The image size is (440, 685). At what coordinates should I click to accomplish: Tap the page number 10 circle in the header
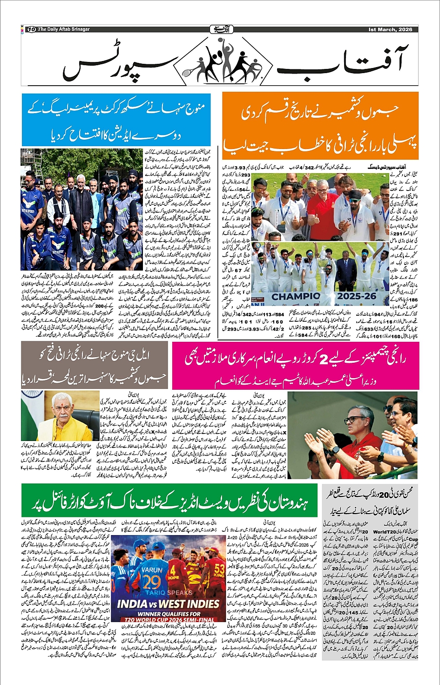click(x=32, y=29)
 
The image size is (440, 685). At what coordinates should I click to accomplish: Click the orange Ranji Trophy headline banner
click(x=320, y=126)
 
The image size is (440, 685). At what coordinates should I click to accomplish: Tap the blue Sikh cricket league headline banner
click(x=116, y=120)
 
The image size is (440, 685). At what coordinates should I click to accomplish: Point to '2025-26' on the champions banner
click(x=357, y=296)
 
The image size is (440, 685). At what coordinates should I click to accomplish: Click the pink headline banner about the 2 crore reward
click(x=295, y=366)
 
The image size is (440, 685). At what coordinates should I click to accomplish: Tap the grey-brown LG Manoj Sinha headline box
click(x=94, y=366)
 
